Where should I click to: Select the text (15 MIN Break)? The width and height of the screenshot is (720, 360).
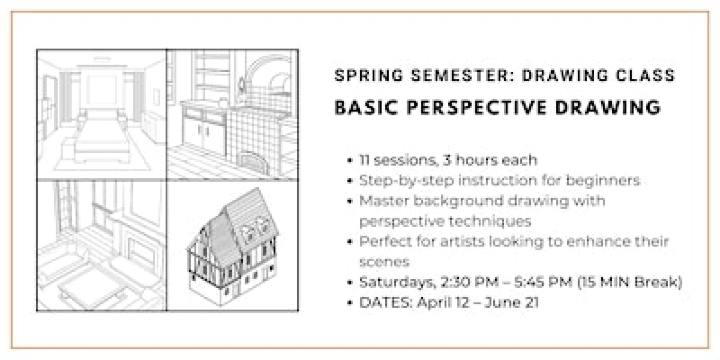coord(632,283)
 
